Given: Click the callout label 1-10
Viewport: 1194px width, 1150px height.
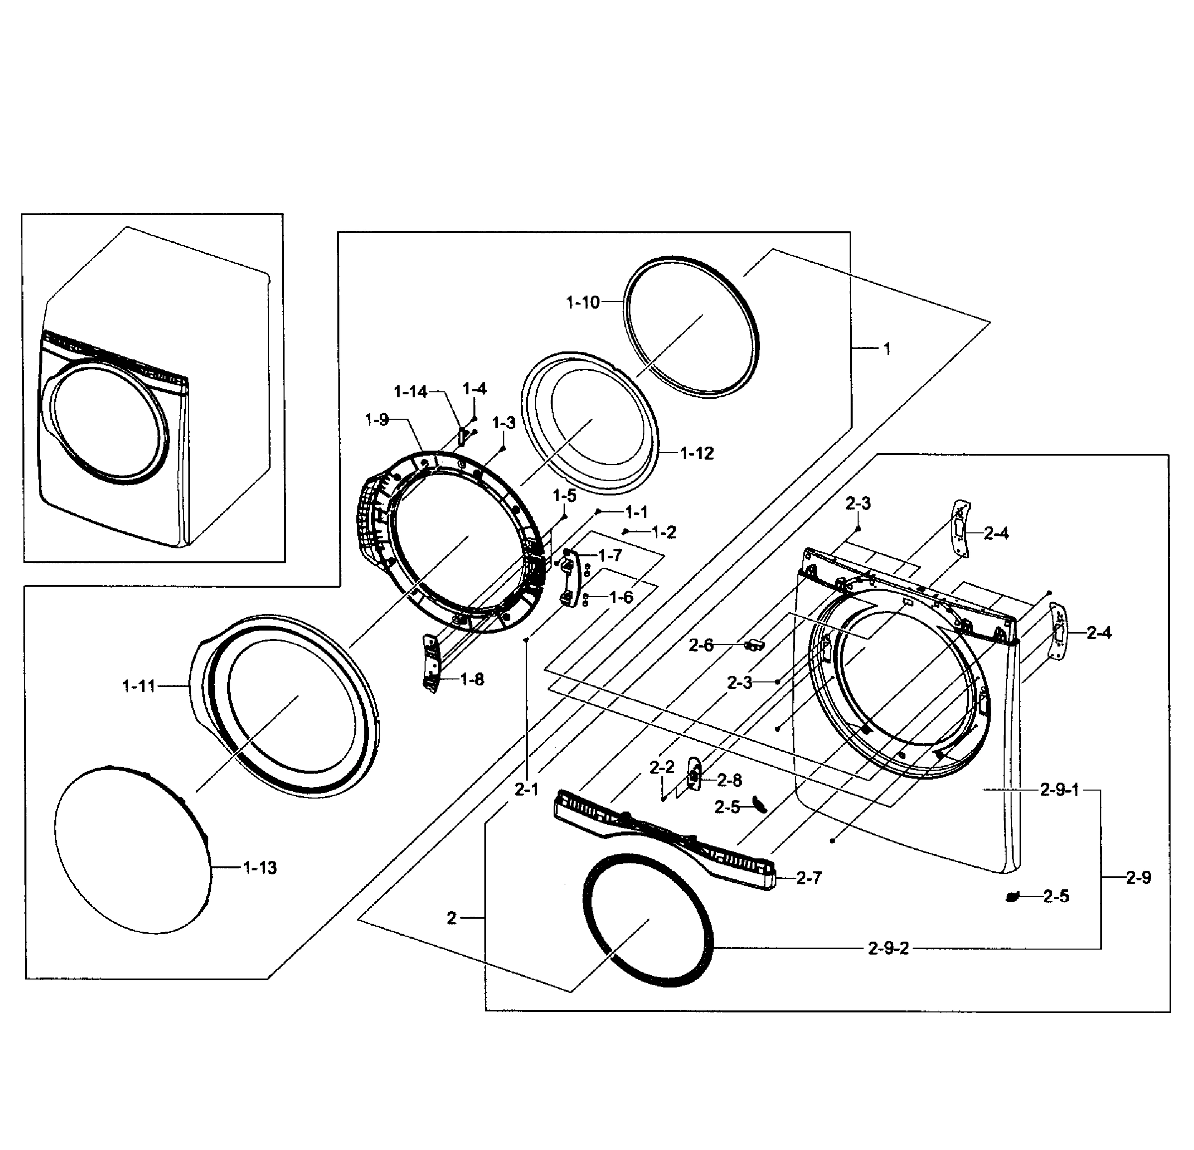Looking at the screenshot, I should pyautogui.click(x=583, y=302).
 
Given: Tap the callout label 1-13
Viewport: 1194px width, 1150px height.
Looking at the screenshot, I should pyautogui.click(x=260, y=868).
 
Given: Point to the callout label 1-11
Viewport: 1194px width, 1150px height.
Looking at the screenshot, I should pyautogui.click(x=140, y=686).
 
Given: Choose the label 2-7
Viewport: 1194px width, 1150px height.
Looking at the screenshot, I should pyautogui.click(x=809, y=878).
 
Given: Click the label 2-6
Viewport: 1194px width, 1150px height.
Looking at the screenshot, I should pyautogui.click(x=701, y=646).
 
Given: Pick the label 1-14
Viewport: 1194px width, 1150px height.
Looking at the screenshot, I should pyautogui.click(x=411, y=392).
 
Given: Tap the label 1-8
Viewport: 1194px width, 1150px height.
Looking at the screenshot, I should pyautogui.click(x=472, y=679).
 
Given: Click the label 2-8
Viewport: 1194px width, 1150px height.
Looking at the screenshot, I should pyautogui.click(x=729, y=780).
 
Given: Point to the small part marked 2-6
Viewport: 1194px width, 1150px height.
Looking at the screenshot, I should pyautogui.click(x=754, y=644).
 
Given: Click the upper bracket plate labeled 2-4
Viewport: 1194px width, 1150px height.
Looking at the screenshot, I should pyautogui.click(x=960, y=528).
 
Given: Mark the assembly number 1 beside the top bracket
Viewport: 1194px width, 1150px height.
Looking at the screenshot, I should pyautogui.click(x=887, y=349).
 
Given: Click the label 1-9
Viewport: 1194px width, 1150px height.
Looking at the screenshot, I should pyautogui.click(x=377, y=419).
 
